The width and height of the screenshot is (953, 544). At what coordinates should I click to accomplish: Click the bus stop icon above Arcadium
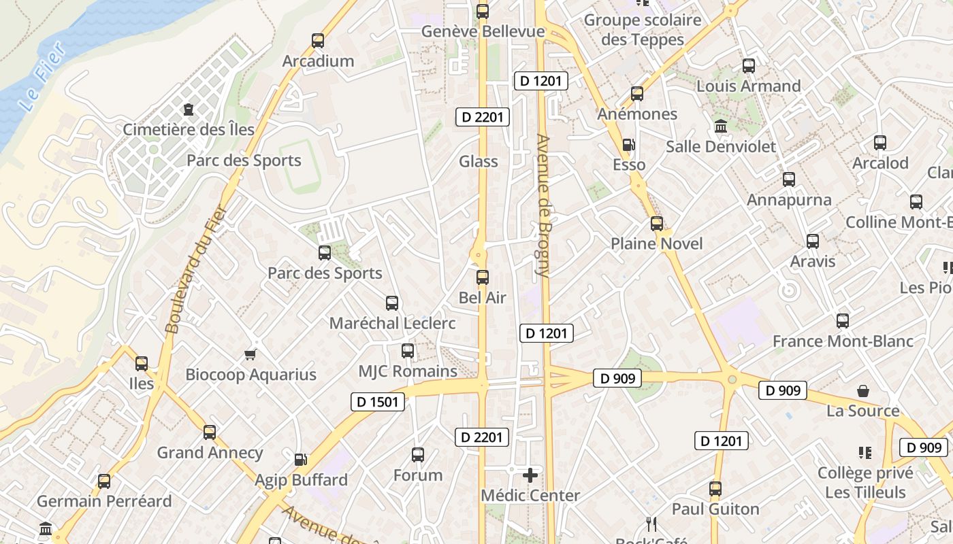pyautogui.click(x=318, y=41)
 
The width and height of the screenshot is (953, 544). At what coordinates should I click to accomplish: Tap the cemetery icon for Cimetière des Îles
pyautogui.click(x=189, y=109)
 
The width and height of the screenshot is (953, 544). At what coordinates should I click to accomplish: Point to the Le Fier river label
pyautogui.click(x=42, y=77)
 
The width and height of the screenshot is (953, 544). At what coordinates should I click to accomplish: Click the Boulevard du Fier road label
pyautogui.click(x=195, y=269)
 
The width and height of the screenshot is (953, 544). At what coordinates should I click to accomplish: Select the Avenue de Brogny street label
pyautogui.click(x=543, y=205)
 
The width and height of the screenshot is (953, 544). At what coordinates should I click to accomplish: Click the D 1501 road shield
pyautogui.click(x=378, y=402)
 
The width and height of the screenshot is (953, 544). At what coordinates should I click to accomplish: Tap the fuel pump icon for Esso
pyautogui.click(x=629, y=145)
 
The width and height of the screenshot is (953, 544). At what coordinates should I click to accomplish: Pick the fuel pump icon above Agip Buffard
pyautogui.click(x=300, y=460)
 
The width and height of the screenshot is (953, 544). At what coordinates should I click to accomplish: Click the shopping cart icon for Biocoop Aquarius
pyautogui.click(x=250, y=354)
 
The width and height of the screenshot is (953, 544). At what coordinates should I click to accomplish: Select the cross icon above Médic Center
pyautogui.click(x=530, y=475)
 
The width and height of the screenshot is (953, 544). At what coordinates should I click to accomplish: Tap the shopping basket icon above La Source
pyautogui.click(x=863, y=391)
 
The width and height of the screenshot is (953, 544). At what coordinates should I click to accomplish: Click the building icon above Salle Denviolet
pyautogui.click(x=721, y=126)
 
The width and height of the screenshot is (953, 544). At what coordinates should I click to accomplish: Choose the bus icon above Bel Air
pyautogui.click(x=483, y=277)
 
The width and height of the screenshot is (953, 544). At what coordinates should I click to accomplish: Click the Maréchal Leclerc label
pyautogui.click(x=392, y=323)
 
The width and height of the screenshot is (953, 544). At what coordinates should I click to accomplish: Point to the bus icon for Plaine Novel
pyautogui.click(x=657, y=224)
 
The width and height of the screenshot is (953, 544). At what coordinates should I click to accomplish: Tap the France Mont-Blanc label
pyautogui.click(x=843, y=341)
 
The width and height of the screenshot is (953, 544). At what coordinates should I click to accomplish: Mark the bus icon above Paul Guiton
pyautogui.click(x=715, y=489)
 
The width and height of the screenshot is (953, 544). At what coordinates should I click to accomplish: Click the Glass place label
pyautogui.click(x=478, y=162)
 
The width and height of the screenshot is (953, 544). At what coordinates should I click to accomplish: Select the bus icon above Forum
pyautogui.click(x=418, y=455)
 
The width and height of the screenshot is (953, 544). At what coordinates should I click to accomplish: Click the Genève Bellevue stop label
pyautogui.click(x=483, y=32)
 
